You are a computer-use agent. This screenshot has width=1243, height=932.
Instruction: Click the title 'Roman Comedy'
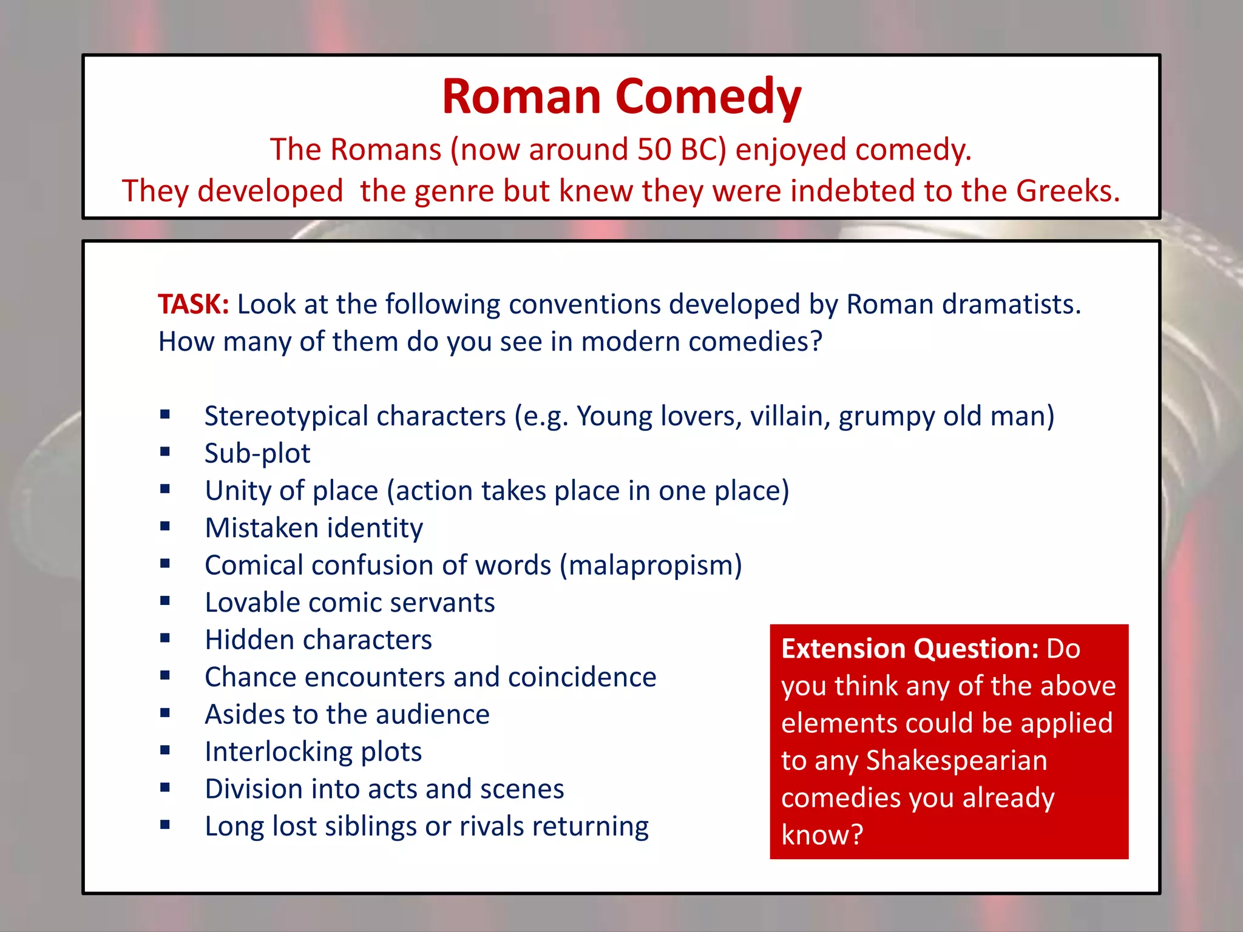[x=621, y=97]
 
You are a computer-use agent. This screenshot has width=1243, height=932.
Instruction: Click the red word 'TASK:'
[x=193, y=304]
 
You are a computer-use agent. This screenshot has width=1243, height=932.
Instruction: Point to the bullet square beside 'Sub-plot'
[x=165, y=452]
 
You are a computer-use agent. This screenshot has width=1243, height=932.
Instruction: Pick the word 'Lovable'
[x=252, y=603]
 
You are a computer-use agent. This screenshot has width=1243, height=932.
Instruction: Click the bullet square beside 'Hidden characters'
[x=165, y=638]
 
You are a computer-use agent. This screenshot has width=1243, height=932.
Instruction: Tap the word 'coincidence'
[x=582, y=677]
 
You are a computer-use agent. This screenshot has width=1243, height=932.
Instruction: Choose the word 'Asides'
[x=245, y=715]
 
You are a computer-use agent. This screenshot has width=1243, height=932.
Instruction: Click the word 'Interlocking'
[x=279, y=752]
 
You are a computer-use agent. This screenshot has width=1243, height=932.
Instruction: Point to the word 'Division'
[x=254, y=789]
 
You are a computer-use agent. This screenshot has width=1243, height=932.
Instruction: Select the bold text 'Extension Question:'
[x=910, y=649]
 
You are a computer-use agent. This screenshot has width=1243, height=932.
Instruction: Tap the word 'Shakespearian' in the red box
[x=957, y=760]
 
